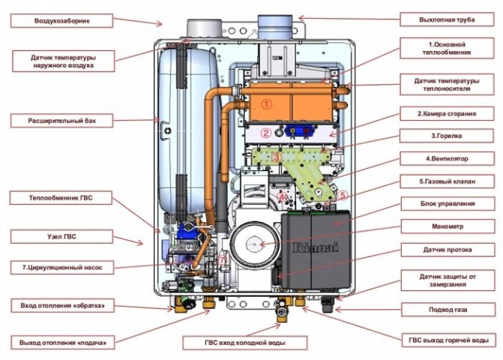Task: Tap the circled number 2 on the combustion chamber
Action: pos(265,133)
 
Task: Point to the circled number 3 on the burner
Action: pos(277,157)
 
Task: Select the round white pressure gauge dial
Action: pos(253,245)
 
